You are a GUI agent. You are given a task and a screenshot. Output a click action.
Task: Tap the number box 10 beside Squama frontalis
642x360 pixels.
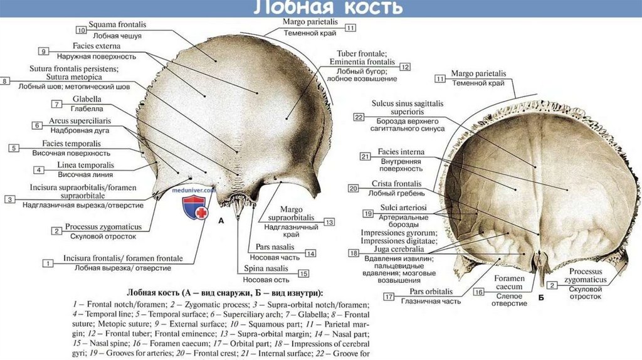(x=82, y=29)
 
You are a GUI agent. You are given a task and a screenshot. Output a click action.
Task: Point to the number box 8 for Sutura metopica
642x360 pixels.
(x=6, y=81)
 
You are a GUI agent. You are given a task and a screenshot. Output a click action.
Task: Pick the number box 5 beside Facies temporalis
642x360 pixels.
(x=13, y=148)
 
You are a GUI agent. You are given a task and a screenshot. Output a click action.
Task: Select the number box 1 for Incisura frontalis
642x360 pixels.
(x=47, y=263)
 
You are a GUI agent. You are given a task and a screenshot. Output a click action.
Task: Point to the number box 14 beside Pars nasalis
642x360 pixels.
(x=310, y=253)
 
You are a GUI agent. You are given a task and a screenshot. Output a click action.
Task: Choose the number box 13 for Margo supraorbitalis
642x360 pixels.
(x=329, y=222)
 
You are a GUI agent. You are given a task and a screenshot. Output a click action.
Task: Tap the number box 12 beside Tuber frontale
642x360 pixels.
(x=405, y=66)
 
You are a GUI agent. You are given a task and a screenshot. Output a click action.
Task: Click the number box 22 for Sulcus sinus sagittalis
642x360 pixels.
(x=359, y=117)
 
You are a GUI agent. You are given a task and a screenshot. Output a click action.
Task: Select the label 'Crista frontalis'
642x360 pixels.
(x=396, y=184)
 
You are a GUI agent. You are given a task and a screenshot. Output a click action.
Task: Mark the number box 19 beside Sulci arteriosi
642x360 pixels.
(x=367, y=214)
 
